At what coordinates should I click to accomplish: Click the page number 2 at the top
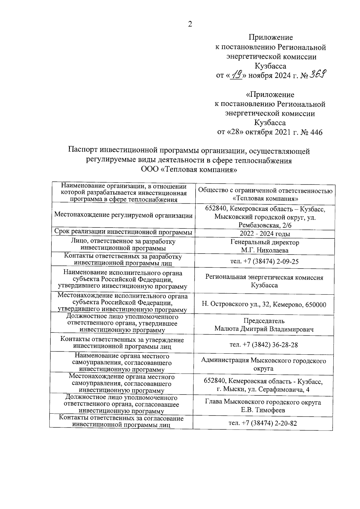190,25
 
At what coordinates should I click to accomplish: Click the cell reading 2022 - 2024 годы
265,234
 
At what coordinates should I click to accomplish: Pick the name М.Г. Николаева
265,250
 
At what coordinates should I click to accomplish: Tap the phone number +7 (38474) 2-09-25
264,261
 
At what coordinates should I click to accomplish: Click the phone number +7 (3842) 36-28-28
264,345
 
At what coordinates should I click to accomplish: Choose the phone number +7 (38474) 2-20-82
263,423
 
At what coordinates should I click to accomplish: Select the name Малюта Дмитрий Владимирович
264,329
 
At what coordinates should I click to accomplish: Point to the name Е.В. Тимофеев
263,410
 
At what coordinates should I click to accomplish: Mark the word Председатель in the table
264,321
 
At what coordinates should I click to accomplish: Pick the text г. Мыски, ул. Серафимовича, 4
263,389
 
